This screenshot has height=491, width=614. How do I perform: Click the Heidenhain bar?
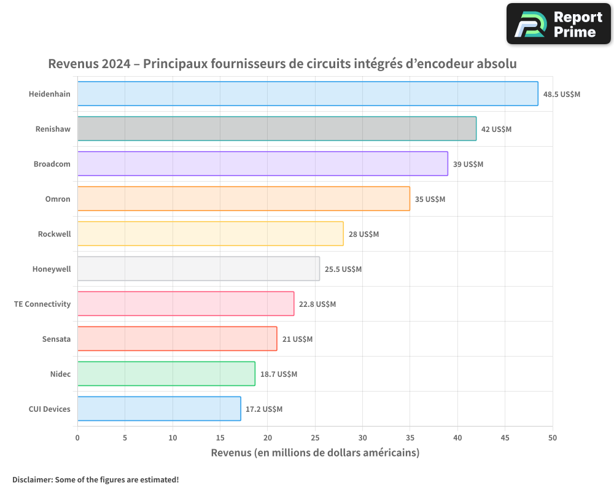[x=307, y=94]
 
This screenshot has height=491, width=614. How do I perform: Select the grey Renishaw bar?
[x=276, y=129]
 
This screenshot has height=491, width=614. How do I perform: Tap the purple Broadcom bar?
[x=262, y=164]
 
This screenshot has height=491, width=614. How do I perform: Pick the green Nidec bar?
[x=166, y=374]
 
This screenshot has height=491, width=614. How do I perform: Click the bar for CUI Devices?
[x=159, y=409]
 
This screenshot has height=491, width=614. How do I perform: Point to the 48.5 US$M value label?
[x=561, y=95]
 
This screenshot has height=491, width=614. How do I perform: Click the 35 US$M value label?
[x=430, y=199]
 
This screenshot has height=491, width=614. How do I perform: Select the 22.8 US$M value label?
[x=317, y=304]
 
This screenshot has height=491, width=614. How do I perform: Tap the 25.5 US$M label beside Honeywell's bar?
[x=343, y=269]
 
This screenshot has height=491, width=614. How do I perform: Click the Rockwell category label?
[x=54, y=234]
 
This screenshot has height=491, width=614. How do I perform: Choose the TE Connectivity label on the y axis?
[x=42, y=304]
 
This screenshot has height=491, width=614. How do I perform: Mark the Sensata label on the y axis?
[x=56, y=339]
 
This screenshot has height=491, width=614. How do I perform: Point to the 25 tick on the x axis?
[x=315, y=438]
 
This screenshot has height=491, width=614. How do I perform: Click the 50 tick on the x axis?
[x=552, y=438]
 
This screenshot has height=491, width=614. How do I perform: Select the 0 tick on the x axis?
[x=77, y=438]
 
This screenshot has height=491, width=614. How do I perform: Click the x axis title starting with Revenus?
[x=315, y=453]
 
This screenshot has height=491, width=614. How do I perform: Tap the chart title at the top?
[x=282, y=64]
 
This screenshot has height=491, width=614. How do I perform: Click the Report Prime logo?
[x=558, y=23]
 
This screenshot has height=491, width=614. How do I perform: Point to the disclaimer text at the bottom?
[x=95, y=479]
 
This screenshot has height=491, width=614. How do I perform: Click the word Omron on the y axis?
[x=58, y=199]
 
